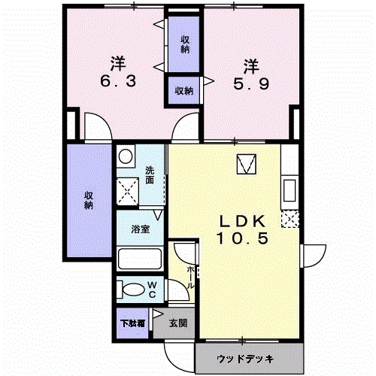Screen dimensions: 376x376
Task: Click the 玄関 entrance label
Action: (x=178, y=323)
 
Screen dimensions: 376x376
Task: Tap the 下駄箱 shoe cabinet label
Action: (x=132, y=323)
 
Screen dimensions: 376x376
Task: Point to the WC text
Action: (x=152, y=290)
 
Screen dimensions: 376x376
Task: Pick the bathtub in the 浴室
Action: (x=139, y=259)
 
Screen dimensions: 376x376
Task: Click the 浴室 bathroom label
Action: (x=141, y=229)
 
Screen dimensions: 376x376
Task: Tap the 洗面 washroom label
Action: (x=150, y=175)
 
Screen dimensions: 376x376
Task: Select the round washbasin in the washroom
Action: (x=126, y=156)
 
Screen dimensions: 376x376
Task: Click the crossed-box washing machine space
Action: (x=128, y=192)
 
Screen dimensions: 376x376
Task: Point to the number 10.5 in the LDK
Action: (x=243, y=238)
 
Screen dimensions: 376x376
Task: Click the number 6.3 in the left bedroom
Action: (x=118, y=81)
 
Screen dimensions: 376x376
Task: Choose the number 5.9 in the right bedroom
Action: (x=251, y=83)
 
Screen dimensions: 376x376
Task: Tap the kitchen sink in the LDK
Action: (x=290, y=190)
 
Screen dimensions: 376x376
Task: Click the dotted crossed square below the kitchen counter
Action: (x=290, y=219)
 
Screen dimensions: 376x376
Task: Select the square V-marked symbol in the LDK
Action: (x=247, y=164)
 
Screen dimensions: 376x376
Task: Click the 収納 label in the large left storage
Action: (x=89, y=200)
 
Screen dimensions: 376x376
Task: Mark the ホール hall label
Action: (x=190, y=277)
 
